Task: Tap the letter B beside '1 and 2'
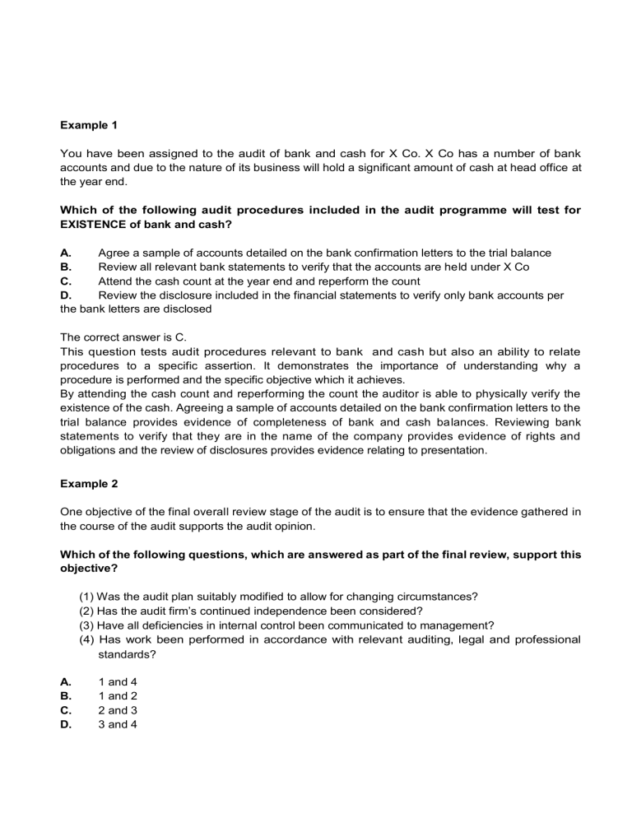pyautogui.click(x=66, y=696)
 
